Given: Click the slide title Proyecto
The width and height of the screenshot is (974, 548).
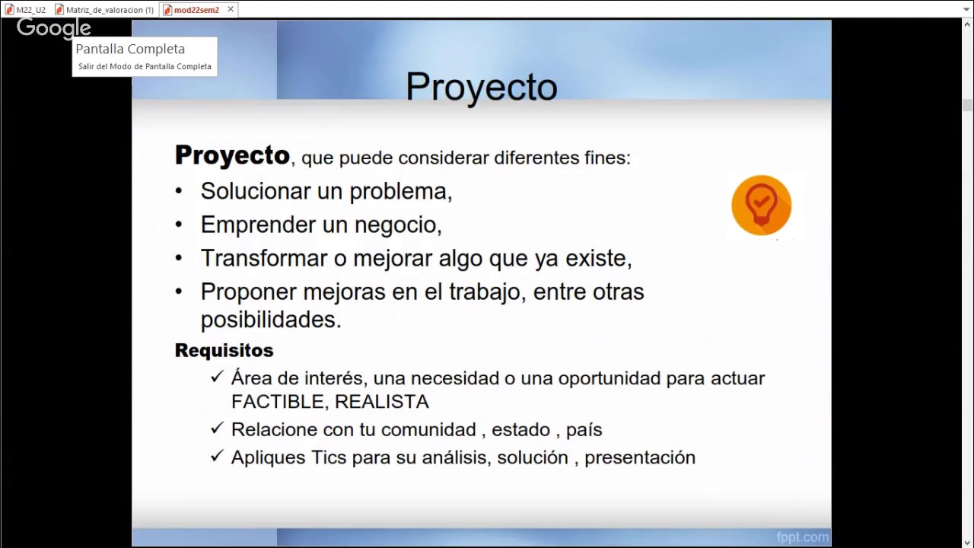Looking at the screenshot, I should point(481,87).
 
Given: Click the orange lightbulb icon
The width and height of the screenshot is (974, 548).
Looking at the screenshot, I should point(761,205).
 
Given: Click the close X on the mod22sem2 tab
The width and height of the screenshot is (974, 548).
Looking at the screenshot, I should point(231,9).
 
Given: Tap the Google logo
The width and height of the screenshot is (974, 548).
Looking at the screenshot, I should point(54,28).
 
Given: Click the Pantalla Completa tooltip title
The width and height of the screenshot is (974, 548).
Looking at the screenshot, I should point(130,49).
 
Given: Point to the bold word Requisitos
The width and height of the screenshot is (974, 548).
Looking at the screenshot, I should point(224,350).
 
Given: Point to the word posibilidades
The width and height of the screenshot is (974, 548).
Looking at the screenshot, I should point(270,320).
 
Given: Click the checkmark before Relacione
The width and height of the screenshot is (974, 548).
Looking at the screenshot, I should point(217,429).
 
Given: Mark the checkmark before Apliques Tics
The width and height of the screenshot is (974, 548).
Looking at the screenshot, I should point(217,456).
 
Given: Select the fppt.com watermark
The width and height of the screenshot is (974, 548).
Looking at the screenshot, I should point(802,537).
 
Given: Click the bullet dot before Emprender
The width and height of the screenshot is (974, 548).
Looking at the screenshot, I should point(179,225).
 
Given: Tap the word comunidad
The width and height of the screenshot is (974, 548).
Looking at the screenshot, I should point(429,429).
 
